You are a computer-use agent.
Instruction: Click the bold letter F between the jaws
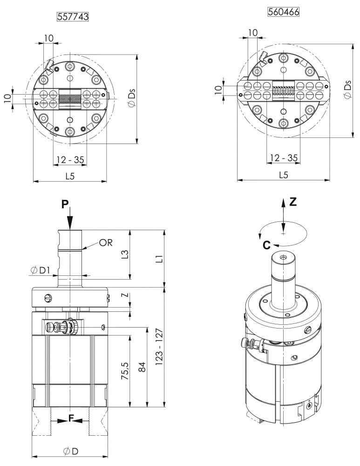[x=71, y=419]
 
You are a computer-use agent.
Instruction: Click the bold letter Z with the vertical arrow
[x=292, y=202]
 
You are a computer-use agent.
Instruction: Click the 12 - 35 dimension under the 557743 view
[x=70, y=159]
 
